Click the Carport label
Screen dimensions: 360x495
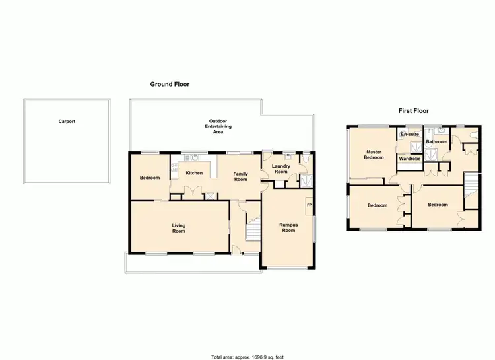[x=67, y=122]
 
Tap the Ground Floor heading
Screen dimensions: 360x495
[x=170, y=84]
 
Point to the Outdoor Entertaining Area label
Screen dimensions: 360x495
[x=217, y=126]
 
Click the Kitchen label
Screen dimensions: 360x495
[x=194, y=173]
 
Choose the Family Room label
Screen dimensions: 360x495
[x=240, y=176]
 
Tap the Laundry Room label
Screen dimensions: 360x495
[x=282, y=168]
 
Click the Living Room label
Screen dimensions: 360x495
[x=179, y=229]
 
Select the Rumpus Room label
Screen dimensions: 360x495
[x=288, y=227]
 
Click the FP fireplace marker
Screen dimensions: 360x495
[x=308, y=205]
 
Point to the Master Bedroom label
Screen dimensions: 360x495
[x=375, y=155]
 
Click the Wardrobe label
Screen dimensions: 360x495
[x=410, y=159]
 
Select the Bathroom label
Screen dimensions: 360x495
[x=436, y=142]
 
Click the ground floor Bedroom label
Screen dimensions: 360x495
[x=150, y=178]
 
